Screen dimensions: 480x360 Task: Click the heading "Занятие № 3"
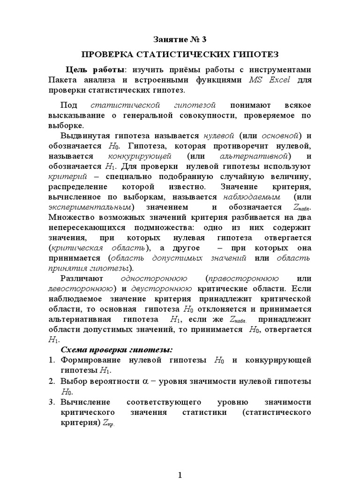click(x=180, y=39)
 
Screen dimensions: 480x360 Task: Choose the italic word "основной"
click(x=280, y=136)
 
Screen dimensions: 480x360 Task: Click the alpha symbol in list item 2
click(x=146, y=382)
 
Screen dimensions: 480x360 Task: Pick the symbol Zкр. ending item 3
click(x=108, y=423)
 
